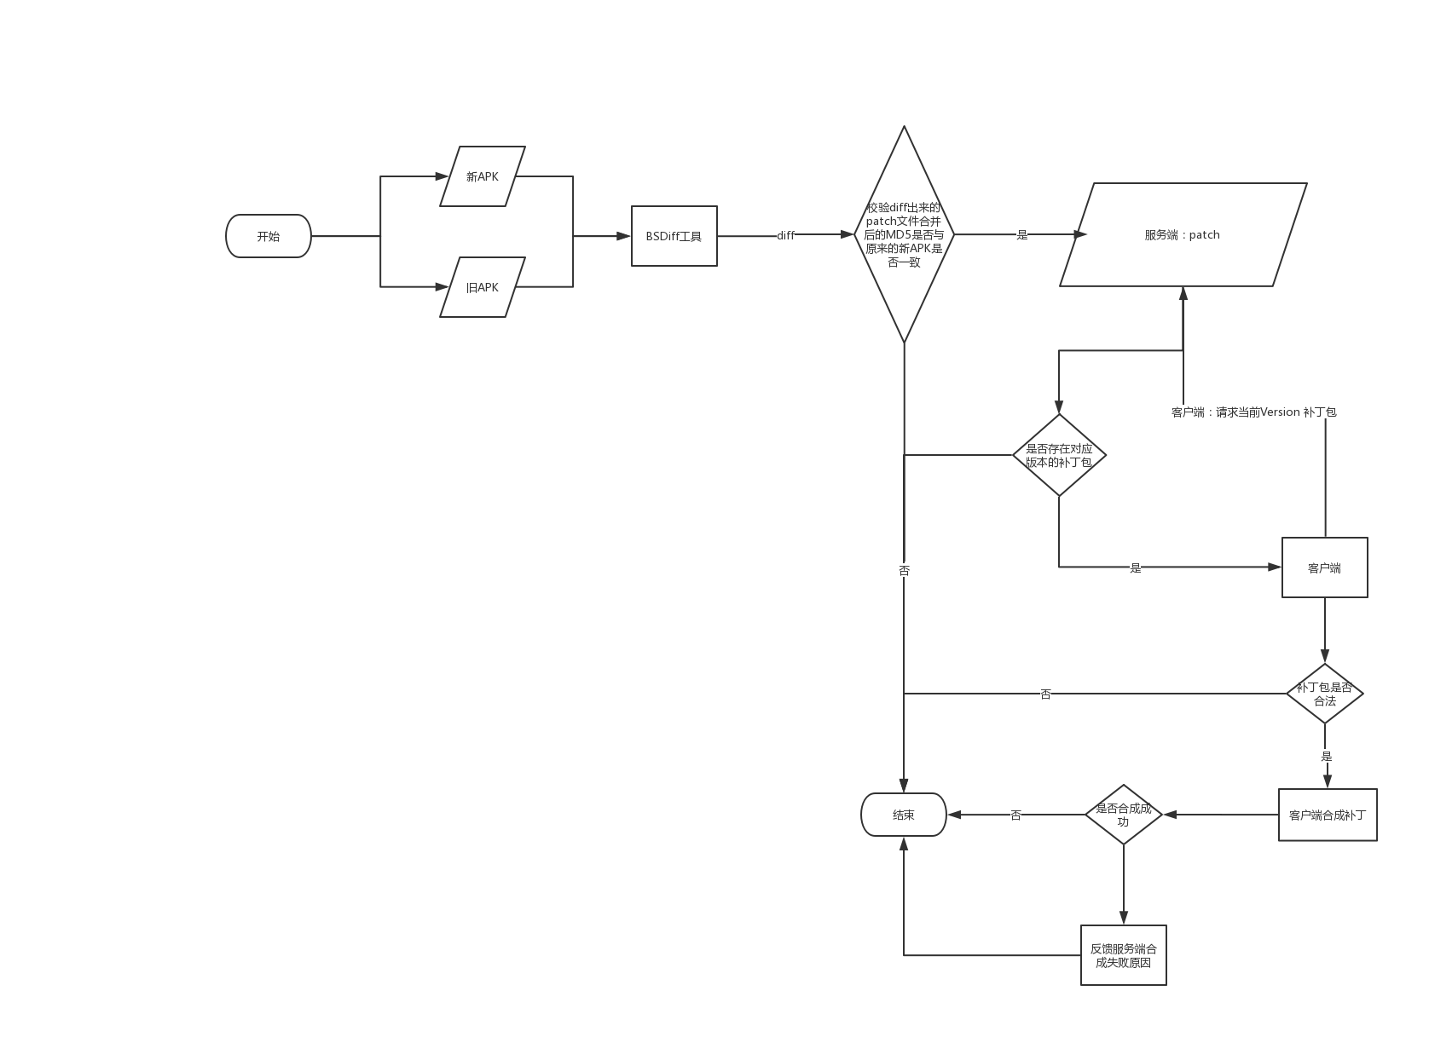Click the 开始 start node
coord(268,236)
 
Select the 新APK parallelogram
coord(482,176)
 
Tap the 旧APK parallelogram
coord(482,287)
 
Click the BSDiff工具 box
coord(674,236)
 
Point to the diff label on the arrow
coord(785,235)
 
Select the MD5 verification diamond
coord(904,234)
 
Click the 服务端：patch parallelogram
coord(1183,234)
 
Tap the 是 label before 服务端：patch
coord(1022,234)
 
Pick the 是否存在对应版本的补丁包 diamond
coord(1059,455)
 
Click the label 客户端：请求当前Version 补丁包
coord(1253,412)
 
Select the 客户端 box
coord(1324,567)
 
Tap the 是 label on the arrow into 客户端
coord(1135,567)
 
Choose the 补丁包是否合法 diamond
coord(1324,694)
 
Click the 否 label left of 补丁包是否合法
coord(1045,694)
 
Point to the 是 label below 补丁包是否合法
coord(1326,756)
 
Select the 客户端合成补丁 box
coord(1328,815)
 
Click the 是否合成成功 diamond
coord(1123,815)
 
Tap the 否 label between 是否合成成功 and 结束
coord(1015,815)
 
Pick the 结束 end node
coord(904,815)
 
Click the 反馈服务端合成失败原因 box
coord(1123,955)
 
